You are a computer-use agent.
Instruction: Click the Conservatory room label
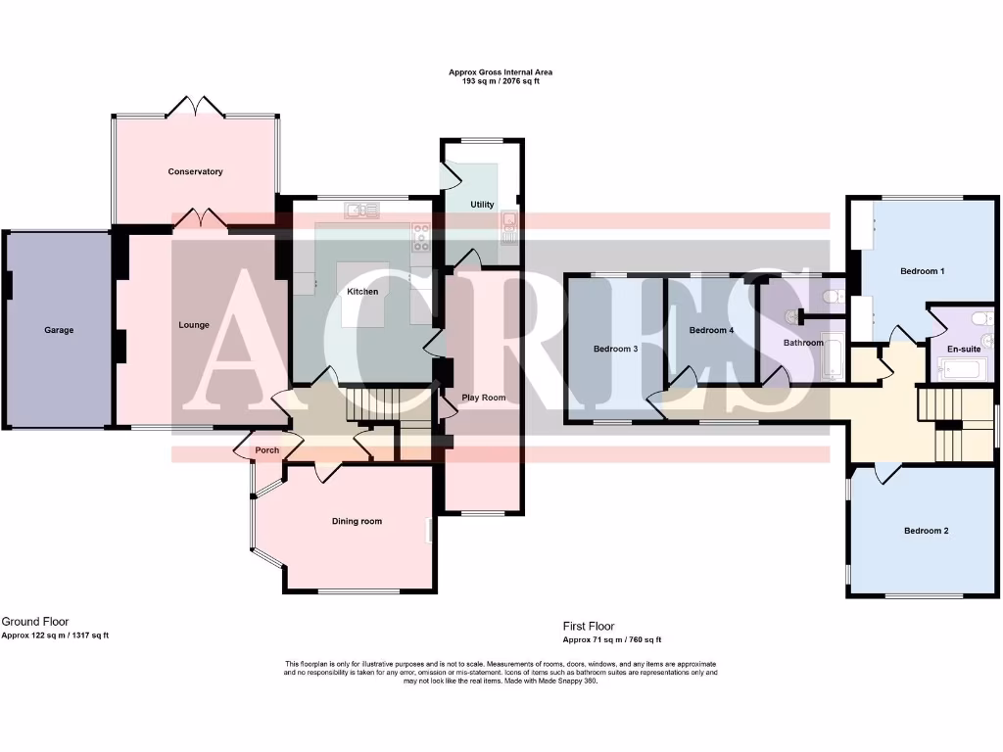click(x=195, y=171)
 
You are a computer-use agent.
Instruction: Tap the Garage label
click(x=59, y=330)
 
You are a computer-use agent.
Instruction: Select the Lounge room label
click(x=194, y=325)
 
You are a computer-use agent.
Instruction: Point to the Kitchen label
click(x=362, y=292)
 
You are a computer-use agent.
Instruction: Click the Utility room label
click(x=482, y=205)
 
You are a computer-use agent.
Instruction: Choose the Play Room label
click(x=484, y=398)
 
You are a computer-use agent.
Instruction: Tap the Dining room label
click(x=357, y=521)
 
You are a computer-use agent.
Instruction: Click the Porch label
click(x=266, y=450)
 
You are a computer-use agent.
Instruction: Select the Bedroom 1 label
click(x=922, y=270)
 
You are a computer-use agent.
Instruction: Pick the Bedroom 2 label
click(x=926, y=531)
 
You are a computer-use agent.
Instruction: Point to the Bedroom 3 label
click(x=616, y=349)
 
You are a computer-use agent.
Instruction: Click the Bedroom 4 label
click(x=711, y=330)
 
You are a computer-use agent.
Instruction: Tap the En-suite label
click(x=964, y=349)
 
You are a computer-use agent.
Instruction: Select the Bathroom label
click(x=803, y=343)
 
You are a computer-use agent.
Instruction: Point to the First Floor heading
click(x=589, y=626)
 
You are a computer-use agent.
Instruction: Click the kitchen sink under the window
click(x=361, y=210)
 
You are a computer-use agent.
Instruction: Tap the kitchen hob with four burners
click(x=421, y=234)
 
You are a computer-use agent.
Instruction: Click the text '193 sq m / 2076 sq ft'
click(x=501, y=81)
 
